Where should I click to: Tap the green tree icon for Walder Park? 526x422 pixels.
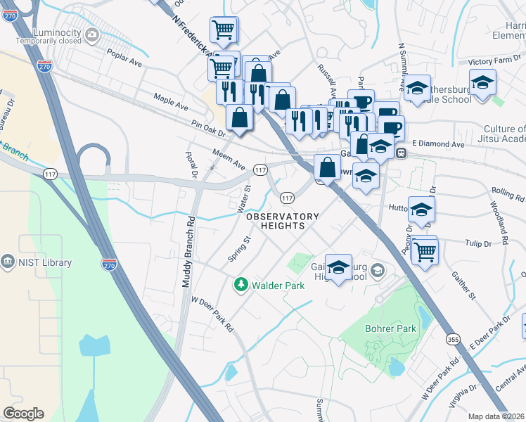[x=241, y=284]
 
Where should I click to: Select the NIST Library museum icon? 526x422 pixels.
[x=8, y=262]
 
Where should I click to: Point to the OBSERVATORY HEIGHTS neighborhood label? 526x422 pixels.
[x=282, y=221]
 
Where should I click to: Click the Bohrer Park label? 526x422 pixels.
[x=390, y=328]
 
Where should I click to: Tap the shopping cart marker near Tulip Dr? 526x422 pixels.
[x=425, y=250]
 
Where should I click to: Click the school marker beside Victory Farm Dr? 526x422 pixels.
[x=482, y=84]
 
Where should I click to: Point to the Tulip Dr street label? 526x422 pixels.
[x=477, y=244]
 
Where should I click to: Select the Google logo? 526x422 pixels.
[x=23, y=413]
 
